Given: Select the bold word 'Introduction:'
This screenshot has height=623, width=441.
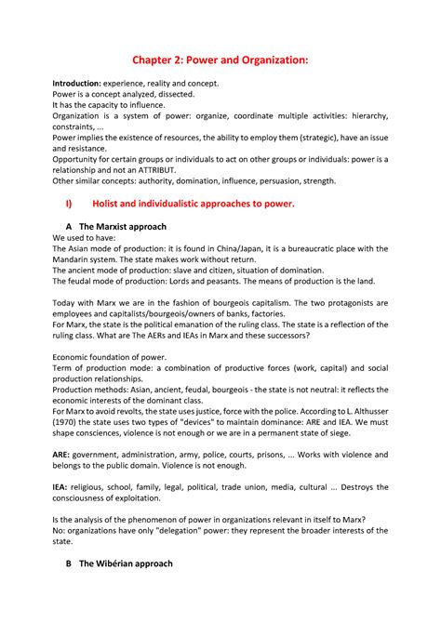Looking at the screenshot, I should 78,84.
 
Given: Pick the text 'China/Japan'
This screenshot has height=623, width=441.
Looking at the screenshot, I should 246,248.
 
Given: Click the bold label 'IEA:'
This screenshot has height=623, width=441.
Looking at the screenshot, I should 61,485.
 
